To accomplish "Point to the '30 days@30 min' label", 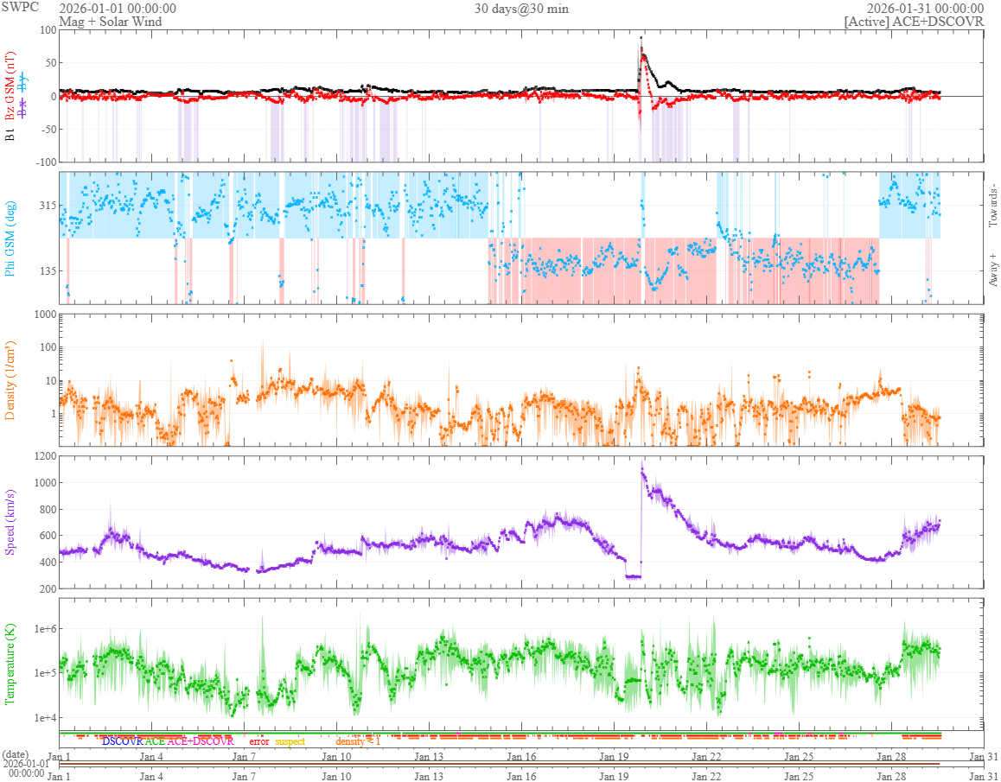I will tap(521, 9).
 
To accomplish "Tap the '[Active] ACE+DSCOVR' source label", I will tap(914, 21).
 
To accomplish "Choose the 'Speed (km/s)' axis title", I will tap(11, 521).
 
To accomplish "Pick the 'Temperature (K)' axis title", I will tap(11, 661).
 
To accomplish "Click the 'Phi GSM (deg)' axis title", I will tap(11, 238).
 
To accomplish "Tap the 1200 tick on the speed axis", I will tap(42, 455).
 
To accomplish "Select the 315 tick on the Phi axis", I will tap(44, 205).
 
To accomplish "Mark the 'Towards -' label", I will tap(992, 206).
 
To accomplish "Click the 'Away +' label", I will tap(992, 269).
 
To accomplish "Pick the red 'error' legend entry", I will tap(258, 741).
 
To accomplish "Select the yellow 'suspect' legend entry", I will tap(290, 741).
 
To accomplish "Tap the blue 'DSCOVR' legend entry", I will tap(122, 741).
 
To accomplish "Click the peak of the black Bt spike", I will tap(641, 37).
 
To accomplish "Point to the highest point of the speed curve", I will tap(642, 467).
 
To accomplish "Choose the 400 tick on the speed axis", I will tap(45, 563).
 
